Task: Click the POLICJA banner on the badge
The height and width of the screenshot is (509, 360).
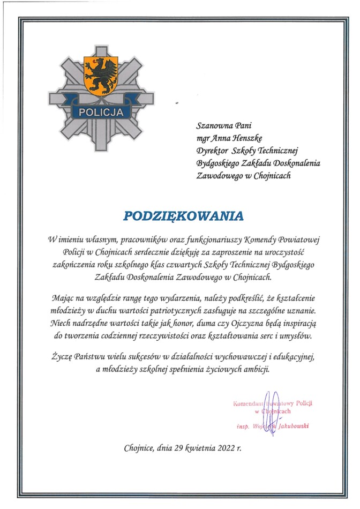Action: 101,113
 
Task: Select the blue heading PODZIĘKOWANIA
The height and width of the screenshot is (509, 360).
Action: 183,215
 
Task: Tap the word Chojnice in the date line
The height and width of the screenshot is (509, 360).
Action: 139,448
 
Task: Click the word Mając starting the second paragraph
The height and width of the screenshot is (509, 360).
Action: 64,297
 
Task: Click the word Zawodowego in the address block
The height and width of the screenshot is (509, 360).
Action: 217,175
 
